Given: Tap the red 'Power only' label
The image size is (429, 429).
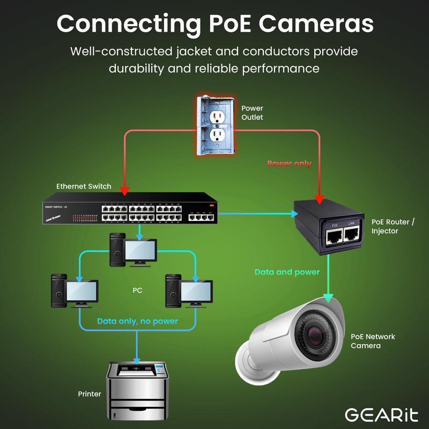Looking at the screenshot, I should pos(289,163).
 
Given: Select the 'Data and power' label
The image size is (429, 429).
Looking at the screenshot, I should pos(287,272).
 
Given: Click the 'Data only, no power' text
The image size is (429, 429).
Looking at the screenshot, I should pos(137,321).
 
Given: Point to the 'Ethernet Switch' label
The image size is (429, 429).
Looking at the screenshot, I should pos(84,186).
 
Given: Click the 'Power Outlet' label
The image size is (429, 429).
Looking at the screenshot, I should pos(252,113).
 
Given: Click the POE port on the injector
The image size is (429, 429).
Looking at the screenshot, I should pos(335,233).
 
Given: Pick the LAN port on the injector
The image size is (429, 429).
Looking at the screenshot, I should pos(352,233).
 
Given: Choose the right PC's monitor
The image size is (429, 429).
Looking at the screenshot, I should pos(197,291).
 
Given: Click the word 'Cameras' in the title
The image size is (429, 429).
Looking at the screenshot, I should pos(315,24).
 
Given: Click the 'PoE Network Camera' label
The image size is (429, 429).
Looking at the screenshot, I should pos(373,341).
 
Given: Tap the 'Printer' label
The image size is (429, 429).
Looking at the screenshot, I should pos(90,394).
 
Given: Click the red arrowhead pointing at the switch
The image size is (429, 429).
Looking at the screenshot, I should pos(125,190).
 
